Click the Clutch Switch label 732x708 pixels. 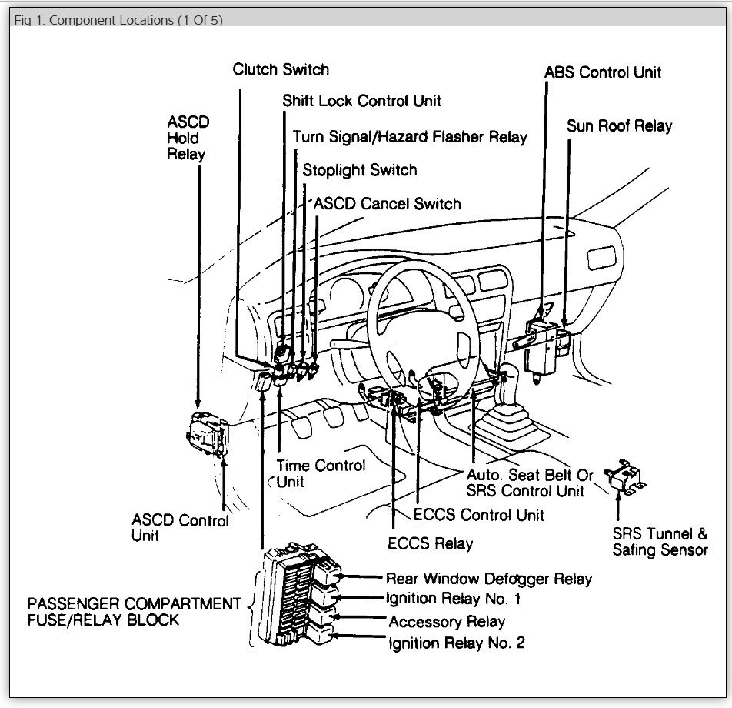point(281,69)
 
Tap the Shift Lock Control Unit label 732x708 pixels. point(361,101)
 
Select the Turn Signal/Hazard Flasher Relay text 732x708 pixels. point(410,137)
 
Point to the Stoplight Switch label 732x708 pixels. point(359,170)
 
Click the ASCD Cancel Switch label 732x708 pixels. point(387,204)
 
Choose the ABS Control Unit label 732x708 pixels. point(602,72)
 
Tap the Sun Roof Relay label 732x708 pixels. point(619,125)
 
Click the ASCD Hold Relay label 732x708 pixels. point(187,138)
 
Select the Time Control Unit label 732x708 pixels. point(319,473)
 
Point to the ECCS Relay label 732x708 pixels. point(430,543)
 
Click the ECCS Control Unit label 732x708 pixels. point(478,515)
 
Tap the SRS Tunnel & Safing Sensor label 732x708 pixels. point(660,542)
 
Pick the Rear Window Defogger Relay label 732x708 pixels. point(488,579)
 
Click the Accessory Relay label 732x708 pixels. point(447,621)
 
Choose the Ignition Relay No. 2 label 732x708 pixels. point(457,643)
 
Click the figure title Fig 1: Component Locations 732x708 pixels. point(118,20)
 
